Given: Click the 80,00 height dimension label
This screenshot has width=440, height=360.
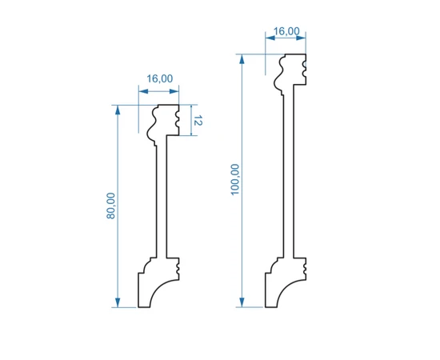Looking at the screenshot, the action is [111, 206].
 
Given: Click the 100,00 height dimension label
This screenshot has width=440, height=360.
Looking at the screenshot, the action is [235, 179].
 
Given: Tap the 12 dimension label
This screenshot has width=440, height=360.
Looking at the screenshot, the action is [198, 120].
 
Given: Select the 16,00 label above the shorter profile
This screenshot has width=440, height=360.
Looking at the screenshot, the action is [160, 78].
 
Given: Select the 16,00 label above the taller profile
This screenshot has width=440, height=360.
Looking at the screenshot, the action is [286, 31].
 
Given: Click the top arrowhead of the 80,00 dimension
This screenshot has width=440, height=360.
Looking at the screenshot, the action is [118, 110].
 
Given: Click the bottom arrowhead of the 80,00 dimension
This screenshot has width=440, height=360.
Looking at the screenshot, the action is [118, 302].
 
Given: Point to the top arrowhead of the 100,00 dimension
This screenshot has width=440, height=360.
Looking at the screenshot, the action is [242, 59].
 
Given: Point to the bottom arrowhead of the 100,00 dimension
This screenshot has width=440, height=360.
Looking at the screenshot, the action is [242, 302].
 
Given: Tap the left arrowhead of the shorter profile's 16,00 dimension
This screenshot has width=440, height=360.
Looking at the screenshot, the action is [143, 91].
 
